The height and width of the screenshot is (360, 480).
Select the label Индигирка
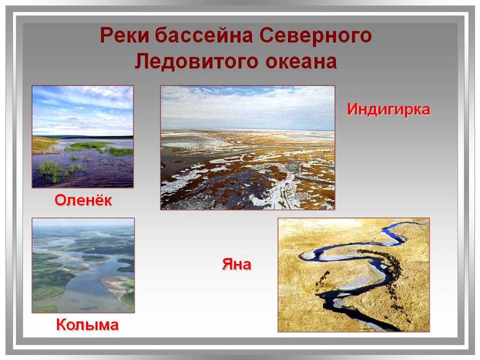coord(388,109)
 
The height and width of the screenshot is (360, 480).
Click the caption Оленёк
coord(83,201)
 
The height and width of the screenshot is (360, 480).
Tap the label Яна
coord(237,264)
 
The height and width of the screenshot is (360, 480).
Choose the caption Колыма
coord(87,324)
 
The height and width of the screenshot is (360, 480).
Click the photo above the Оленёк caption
coord(83,137)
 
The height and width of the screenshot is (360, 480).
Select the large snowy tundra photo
coord(247,147)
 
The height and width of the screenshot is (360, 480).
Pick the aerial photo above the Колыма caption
coord(83,265)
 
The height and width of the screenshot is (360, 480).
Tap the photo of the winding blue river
coord(353,275)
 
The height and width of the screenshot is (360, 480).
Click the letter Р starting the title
coord(107,36)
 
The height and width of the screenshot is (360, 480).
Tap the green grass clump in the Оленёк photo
coord(53,167)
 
